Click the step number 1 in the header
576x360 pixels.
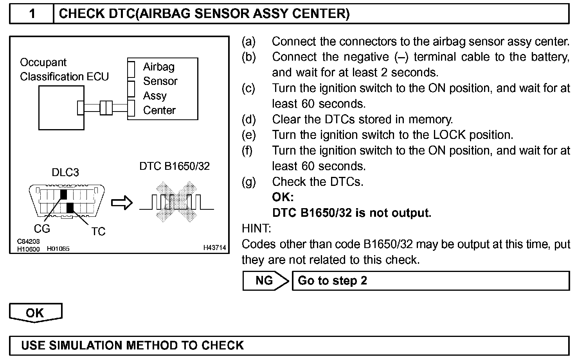tap(32, 14)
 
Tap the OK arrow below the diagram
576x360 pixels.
tap(35, 313)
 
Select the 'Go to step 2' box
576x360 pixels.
tap(430, 281)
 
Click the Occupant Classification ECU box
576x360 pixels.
tap(61, 108)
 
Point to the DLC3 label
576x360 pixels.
tap(65, 173)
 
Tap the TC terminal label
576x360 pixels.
tap(98, 232)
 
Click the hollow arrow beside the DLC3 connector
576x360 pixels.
tap(122, 203)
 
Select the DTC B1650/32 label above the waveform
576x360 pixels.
tap(175, 166)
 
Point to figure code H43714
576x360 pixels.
tap(214, 248)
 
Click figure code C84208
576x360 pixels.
tap(28, 242)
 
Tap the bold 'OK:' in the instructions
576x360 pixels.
tap(283, 197)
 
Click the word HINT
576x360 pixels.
tap(256, 228)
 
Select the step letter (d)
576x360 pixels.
tap(248, 119)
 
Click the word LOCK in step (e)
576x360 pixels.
tap(449, 135)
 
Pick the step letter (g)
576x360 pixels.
tap(248, 182)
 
